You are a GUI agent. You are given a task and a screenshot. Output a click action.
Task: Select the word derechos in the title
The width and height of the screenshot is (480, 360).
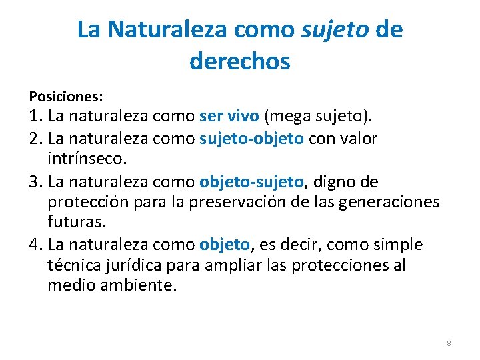[x=240, y=61]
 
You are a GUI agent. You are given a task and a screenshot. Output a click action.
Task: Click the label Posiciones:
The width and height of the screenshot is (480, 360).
[x=65, y=97]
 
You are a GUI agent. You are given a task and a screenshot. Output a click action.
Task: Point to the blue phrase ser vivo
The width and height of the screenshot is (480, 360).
[x=229, y=117]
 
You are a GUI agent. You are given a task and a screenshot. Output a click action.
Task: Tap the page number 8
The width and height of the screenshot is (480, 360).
[x=449, y=343]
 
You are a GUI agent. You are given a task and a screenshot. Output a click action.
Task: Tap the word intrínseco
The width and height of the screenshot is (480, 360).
[x=87, y=160]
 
